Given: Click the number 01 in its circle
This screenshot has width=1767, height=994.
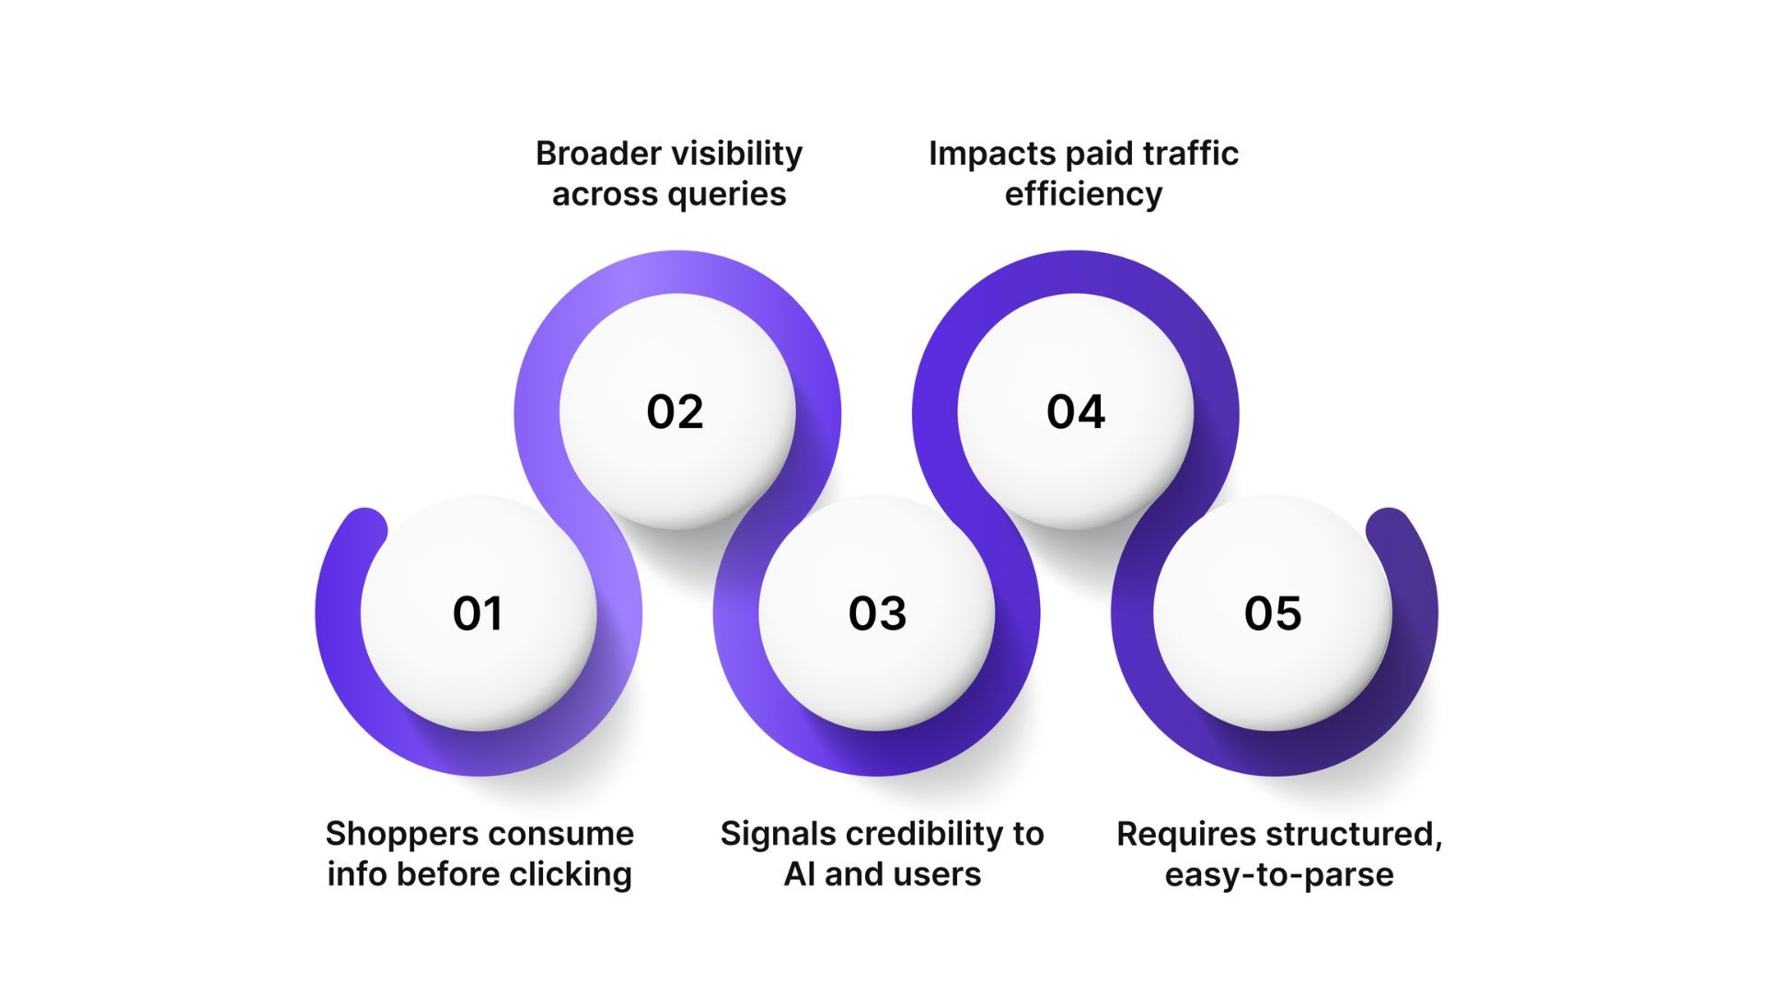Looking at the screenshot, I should (x=478, y=614).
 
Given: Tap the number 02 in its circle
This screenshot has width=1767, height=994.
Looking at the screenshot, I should (x=675, y=411).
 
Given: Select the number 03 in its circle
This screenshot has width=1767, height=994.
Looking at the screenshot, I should (x=877, y=614).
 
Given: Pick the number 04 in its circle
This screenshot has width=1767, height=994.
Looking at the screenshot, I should (x=1075, y=411).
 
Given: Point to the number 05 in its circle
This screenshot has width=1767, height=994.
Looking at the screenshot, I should (x=1273, y=614).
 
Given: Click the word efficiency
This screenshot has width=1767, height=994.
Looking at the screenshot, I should (x=1083, y=194).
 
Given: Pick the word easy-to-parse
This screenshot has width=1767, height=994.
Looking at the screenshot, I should (x=1278, y=874).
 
